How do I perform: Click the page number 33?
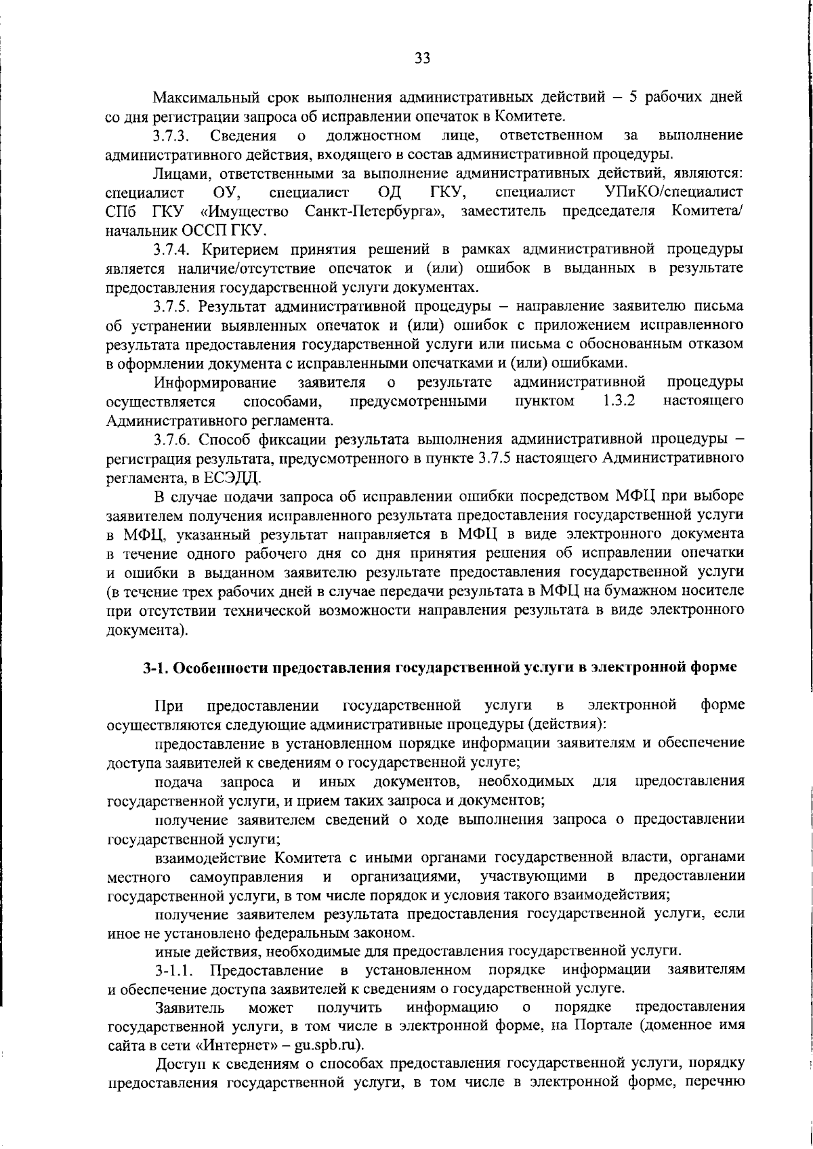(x=422, y=58)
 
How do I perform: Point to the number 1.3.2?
(x=619, y=401)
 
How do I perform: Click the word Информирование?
(x=215, y=382)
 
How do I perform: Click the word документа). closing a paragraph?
(x=147, y=630)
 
